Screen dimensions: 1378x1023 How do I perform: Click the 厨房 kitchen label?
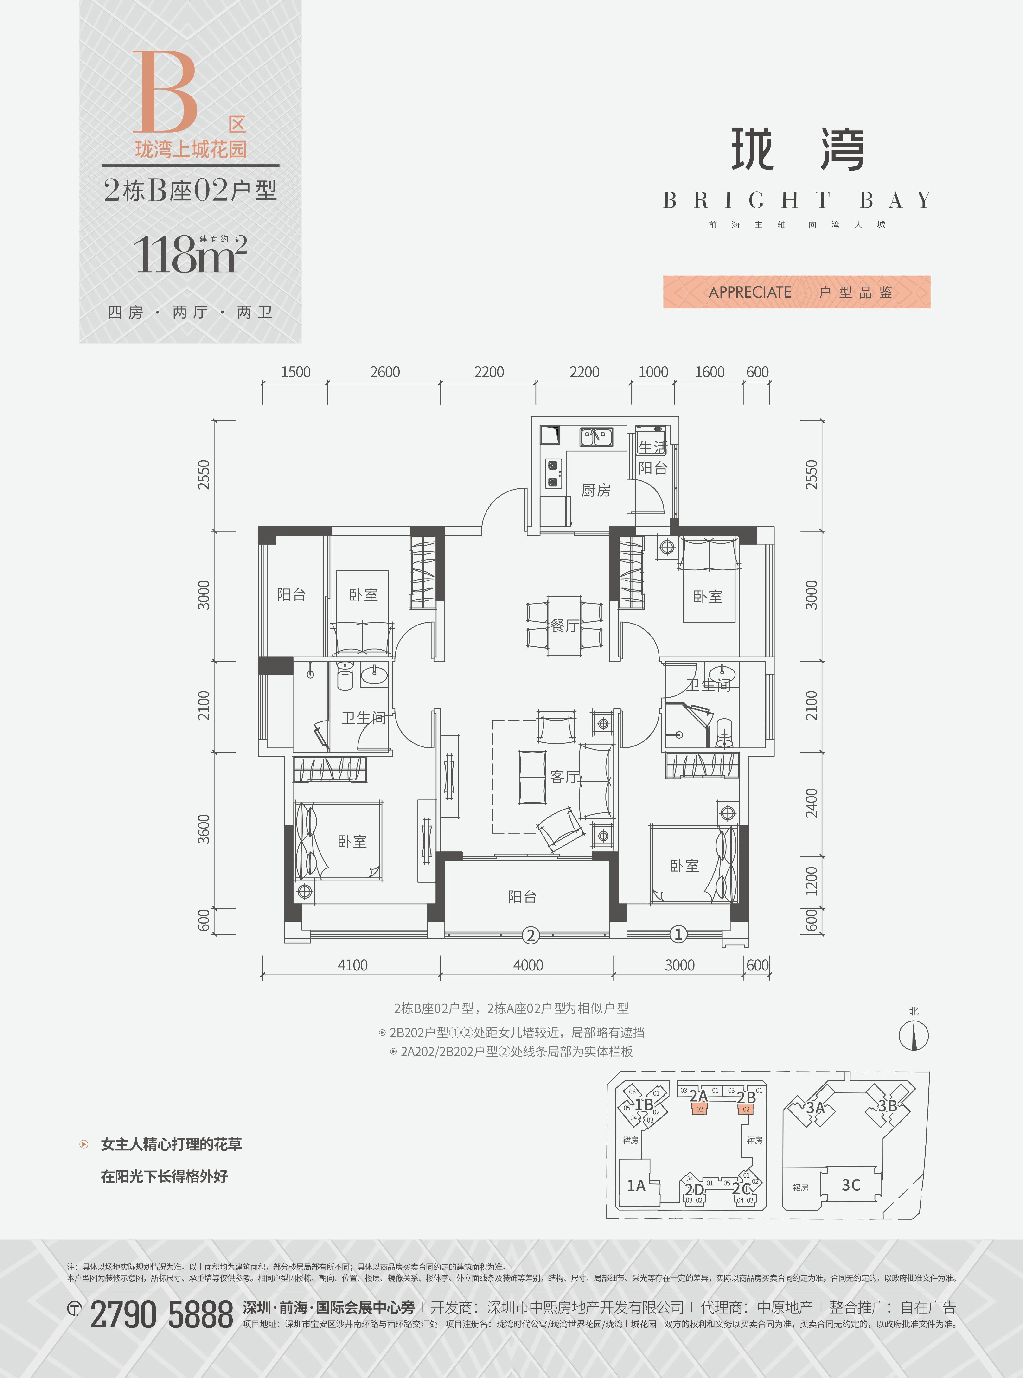pyautogui.click(x=596, y=490)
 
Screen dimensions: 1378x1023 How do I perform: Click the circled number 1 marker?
pyautogui.click(x=679, y=934)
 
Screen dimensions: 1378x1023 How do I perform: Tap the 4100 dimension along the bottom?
pyautogui.click(x=352, y=965)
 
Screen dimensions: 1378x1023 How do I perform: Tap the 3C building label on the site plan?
pyautogui.click(x=851, y=1185)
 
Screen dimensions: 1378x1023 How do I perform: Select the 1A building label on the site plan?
pyautogui.click(x=636, y=1186)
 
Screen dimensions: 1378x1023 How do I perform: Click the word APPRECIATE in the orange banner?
pyautogui.click(x=750, y=292)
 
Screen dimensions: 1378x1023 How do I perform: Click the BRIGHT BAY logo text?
pyautogui.click(x=796, y=200)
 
